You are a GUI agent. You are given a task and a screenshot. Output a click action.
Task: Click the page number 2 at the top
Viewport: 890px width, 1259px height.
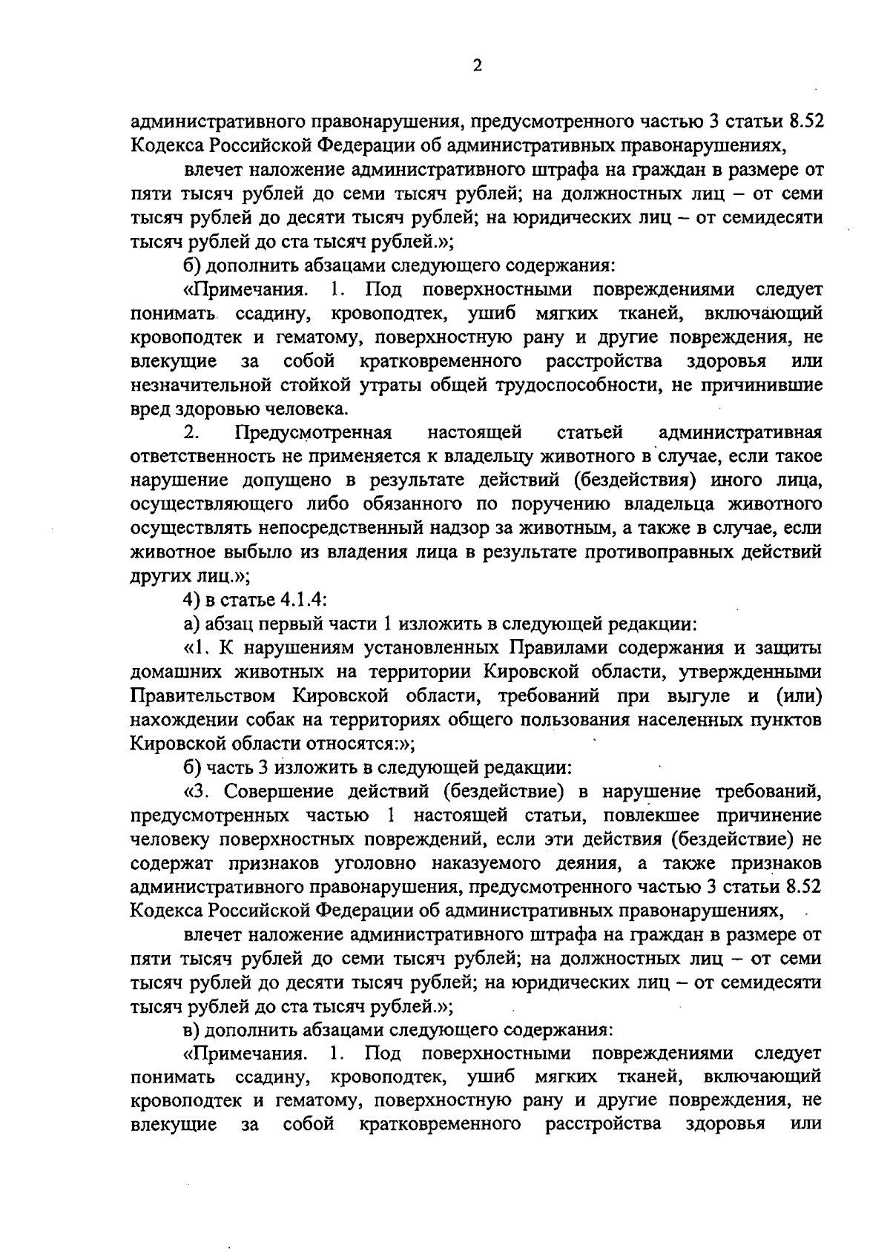click(x=477, y=66)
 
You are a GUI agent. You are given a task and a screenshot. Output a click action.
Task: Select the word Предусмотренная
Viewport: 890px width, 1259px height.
click(x=313, y=432)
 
